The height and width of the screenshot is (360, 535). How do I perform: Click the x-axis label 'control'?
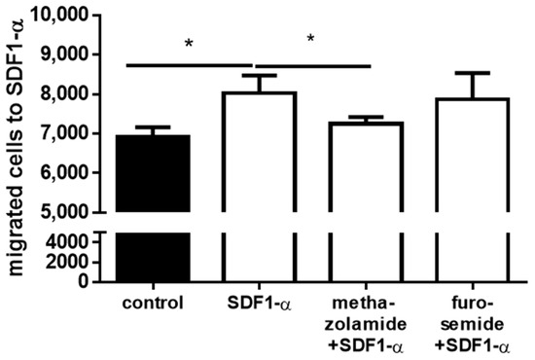coord(154,301)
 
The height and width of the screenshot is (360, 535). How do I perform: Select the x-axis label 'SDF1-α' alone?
coord(262,301)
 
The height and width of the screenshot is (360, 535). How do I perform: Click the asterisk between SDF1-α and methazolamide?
coord(311,40)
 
